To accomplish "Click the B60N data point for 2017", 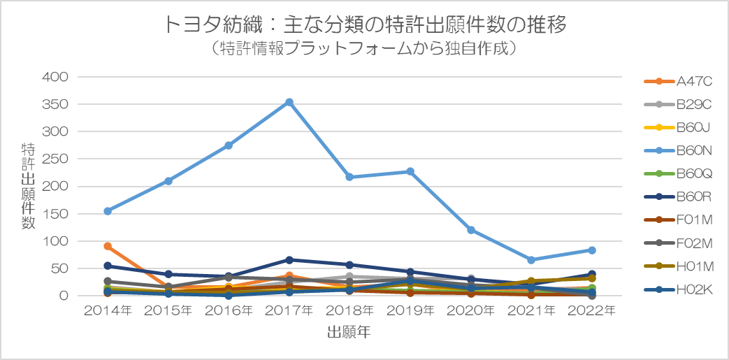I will pyautogui.click(x=289, y=102).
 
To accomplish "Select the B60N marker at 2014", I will pyautogui.click(x=108, y=211).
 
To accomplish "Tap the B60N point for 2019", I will pyautogui.click(x=410, y=171).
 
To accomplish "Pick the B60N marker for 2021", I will pyautogui.click(x=531, y=260).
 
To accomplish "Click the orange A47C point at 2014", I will pyautogui.click(x=108, y=246).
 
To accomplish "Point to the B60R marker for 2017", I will pyautogui.click(x=289, y=259).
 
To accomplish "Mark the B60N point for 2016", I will pyautogui.click(x=229, y=145).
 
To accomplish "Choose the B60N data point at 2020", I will pyautogui.click(x=471, y=230).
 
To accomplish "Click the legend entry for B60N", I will pyautogui.click(x=693, y=150).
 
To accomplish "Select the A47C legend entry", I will pyautogui.click(x=693, y=81).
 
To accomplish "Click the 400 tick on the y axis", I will pyautogui.click(x=57, y=77).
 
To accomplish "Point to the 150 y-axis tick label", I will pyautogui.click(x=57, y=213).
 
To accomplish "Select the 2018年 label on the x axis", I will pyautogui.click(x=349, y=310).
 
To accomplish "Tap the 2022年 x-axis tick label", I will pyautogui.click(x=591, y=310).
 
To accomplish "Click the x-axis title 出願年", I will pyautogui.click(x=349, y=333).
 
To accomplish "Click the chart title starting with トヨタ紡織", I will pyautogui.click(x=364, y=26).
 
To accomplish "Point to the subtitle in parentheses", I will pyautogui.click(x=364, y=49).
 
